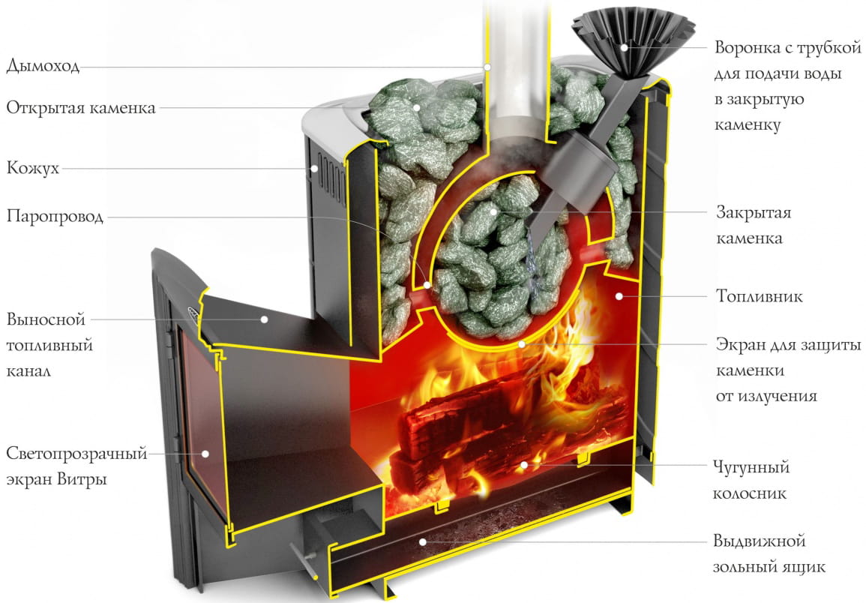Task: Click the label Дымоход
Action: pos(42,66)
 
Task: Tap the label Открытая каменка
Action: pos(81,107)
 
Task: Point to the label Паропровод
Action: pos(55,217)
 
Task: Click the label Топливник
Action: pos(759,296)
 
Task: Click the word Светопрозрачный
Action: pos(76,454)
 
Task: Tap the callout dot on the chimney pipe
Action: pos(487,67)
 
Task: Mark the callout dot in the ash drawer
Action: pos(423,541)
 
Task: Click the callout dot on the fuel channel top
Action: pos(265,319)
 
